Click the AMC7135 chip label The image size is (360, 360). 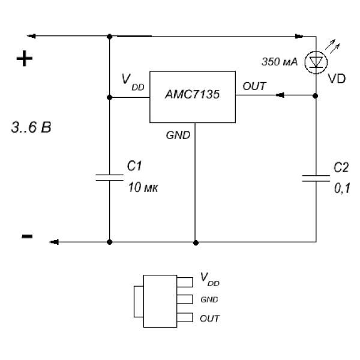[x=193, y=94]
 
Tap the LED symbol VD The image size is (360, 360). [x=316, y=62]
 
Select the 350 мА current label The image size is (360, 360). [x=280, y=62]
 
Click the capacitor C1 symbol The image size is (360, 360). [x=110, y=178]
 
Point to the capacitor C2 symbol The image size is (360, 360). [x=316, y=178]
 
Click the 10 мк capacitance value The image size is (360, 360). [x=143, y=187]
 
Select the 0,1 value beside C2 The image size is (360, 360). [x=342, y=188]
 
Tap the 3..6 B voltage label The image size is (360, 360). [x=31, y=127]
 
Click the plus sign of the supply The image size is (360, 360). [x=25, y=59]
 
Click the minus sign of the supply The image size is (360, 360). [x=27, y=236]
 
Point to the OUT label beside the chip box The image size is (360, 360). [x=254, y=86]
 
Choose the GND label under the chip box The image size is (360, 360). [x=178, y=135]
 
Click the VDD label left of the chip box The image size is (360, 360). [x=133, y=82]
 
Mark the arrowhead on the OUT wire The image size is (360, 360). [x=280, y=95]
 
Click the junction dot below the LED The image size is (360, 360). [x=316, y=96]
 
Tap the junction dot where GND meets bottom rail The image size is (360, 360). [x=196, y=242]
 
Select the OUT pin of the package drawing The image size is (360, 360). [x=185, y=317]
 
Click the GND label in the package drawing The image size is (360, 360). [x=209, y=299]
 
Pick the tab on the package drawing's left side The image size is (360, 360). [x=139, y=301]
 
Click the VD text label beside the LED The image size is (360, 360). [x=337, y=79]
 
